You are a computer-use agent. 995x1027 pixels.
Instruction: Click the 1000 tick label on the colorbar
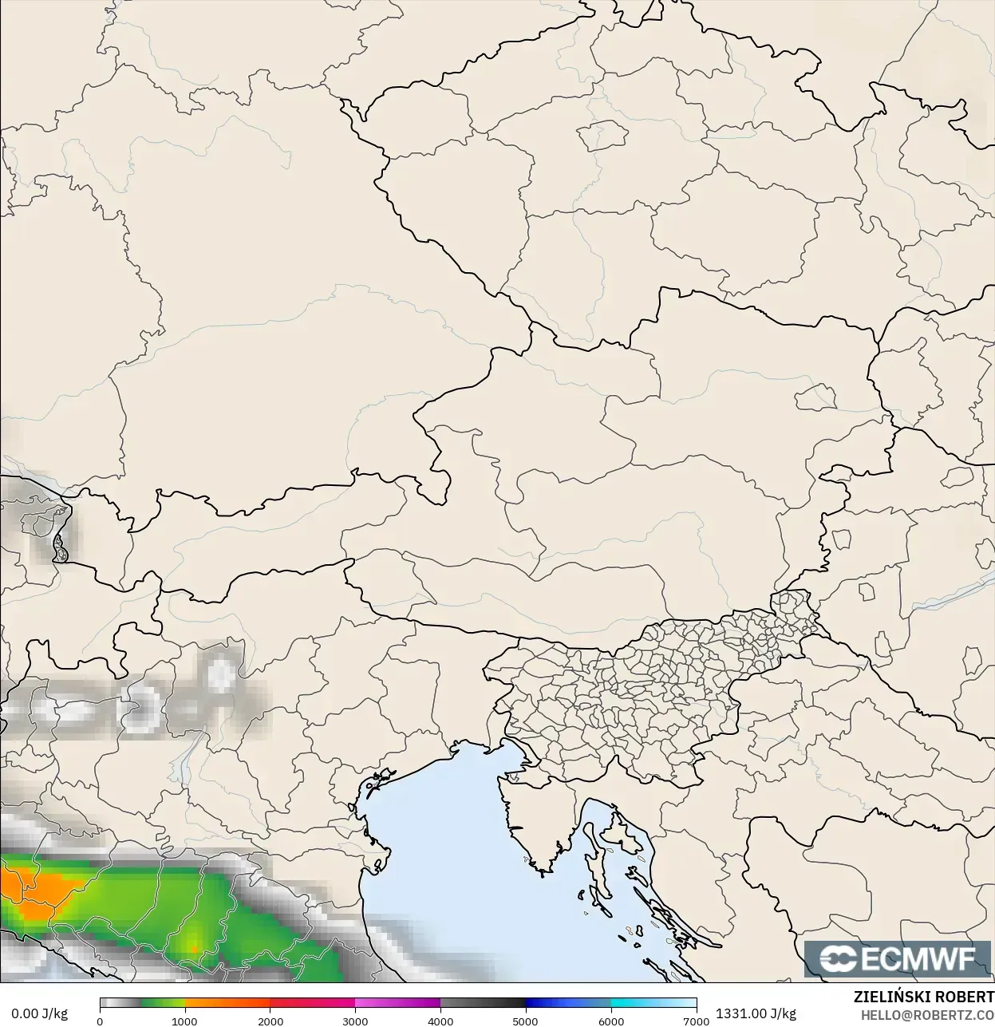coord(185,1021)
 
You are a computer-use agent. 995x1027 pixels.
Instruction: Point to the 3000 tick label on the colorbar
coord(355,1021)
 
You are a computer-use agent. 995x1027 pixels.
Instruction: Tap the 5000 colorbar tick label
coord(525,1021)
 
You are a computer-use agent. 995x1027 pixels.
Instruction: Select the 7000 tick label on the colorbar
coord(696,1021)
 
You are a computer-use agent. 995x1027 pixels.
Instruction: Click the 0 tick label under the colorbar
coord(100,1021)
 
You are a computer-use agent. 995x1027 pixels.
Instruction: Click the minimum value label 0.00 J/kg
coord(39,1013)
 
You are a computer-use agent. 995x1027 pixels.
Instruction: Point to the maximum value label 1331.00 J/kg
coord(756,1013)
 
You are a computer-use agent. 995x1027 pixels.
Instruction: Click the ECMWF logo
coord(898,958)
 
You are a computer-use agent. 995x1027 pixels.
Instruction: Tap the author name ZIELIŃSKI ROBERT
coord(923,997)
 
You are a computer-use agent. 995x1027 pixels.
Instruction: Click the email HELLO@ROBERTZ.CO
coord(927,1014)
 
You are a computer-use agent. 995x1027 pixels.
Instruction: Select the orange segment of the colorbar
coord(227,1003)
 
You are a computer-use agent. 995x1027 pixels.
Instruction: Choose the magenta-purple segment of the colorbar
coord(399,1003)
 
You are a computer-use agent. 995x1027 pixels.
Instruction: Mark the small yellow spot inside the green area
coord(194,947)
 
